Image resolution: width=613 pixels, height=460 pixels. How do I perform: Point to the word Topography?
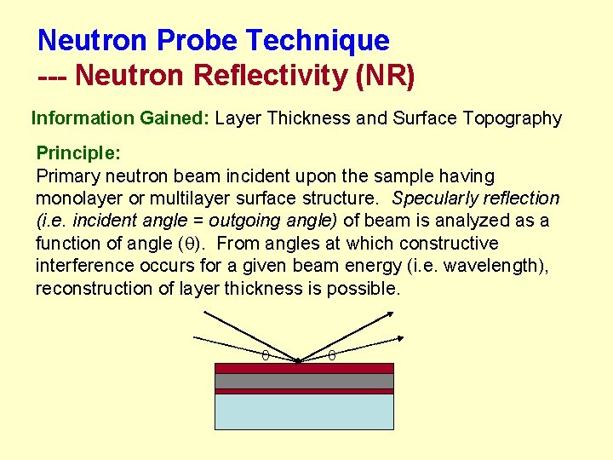point(513,118)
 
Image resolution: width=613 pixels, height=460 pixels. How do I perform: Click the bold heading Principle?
point(78,153)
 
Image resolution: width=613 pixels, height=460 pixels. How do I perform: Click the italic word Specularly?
point(435,198)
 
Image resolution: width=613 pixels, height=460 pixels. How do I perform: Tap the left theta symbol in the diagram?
point(265,354)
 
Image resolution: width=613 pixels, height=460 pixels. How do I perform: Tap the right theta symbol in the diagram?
point(332,354)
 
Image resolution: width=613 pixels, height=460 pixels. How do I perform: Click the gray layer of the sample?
point(304,381)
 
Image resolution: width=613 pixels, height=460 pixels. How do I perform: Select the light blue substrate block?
point(304,411)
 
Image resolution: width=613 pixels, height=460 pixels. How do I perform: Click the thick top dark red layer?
point(304,368)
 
